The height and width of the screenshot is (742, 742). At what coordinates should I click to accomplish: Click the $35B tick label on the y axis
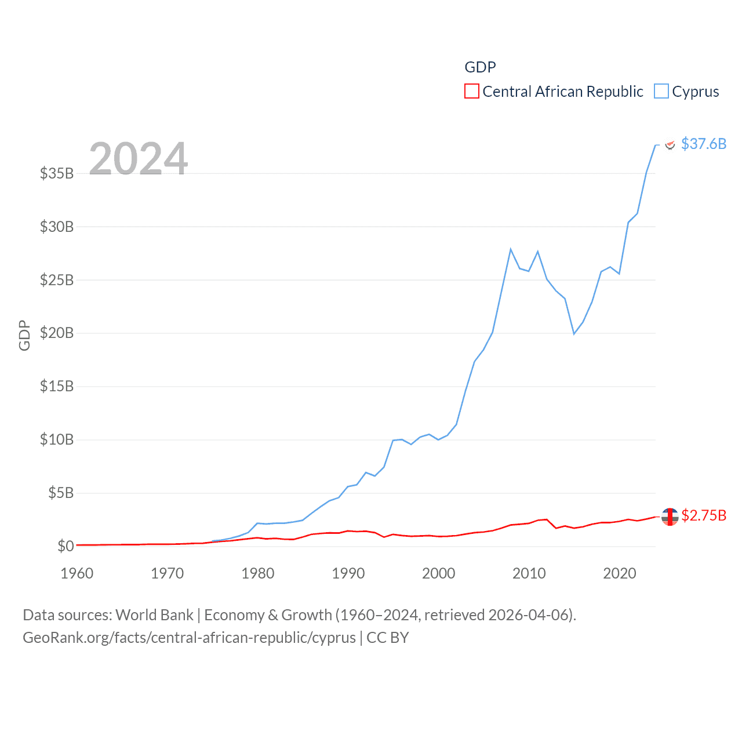pyautogui.click(x=57, y=173)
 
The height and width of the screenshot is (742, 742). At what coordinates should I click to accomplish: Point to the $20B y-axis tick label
pyautogui.click(x=57, y=333)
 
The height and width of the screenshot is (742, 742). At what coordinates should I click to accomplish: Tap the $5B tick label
pyautogui.click(x=60, y=493)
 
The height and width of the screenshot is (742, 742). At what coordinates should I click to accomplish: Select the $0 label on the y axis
pyautogui.click(x=66, y=546)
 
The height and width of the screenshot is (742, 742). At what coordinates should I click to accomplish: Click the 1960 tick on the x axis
pyautogui.click(x=77, y=573)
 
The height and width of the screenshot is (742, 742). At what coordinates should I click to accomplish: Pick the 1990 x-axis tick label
pyautogui.click(x=348, y=573)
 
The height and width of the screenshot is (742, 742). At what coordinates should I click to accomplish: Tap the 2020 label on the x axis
pyautogui.click(x=620, y=573)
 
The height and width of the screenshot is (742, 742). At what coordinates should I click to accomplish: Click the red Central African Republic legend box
pyautogui.click(x=472, y=92)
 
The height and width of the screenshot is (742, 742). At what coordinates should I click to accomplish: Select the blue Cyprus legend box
pyautogui.click(x=661, y=92)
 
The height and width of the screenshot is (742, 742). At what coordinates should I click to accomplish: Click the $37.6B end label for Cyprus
pyautogui.click(x=704, y=144)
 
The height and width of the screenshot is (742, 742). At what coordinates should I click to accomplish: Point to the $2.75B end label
pyautogui.click(x=704, y=515)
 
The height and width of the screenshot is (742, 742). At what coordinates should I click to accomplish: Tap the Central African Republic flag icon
pyautogui.click(x=670, y=517)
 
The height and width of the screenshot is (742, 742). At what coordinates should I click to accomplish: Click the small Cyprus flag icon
pyautogui.click(x=670, y=144)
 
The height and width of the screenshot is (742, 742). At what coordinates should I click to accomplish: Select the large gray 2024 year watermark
pyautogui.click(x=139, y=158)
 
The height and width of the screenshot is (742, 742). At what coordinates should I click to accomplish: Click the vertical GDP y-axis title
pyautogui.click(x=24, y=335)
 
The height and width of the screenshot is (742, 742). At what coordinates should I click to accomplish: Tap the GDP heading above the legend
pyautogui.click(x=481, y=67)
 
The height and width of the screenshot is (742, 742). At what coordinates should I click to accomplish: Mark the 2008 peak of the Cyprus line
pyautogui.click(x=511, y=249)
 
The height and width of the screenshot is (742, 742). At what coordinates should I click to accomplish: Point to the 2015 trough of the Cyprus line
pyautogui.click(x=574, y=334)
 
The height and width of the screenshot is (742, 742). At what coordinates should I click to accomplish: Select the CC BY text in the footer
pyautogui.click(x=388, y=638)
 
